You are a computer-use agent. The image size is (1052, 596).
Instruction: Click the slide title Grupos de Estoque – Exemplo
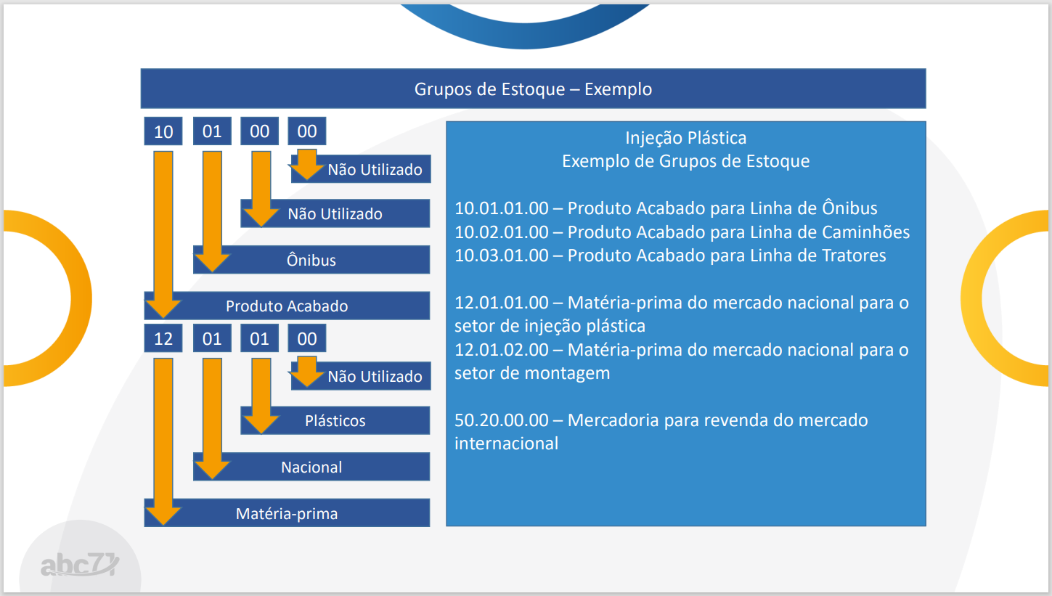coord(533,89)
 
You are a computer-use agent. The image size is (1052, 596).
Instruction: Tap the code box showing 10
coord(163,131)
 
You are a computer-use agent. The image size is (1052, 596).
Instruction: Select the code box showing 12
coord(163,338)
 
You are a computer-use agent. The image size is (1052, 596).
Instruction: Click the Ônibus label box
coord(311,260)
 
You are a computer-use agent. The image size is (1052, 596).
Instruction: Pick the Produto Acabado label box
coord(287,306)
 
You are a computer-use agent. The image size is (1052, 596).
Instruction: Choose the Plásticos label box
coord(335,420)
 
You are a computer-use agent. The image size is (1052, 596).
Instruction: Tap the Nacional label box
coord(311,467)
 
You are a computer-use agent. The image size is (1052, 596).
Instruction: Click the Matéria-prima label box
coord(287,513)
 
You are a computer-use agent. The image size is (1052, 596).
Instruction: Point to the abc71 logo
coord(80,564)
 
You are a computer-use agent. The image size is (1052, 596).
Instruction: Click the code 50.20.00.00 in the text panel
coord(501,420)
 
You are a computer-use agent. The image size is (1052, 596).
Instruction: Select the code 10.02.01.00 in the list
coord(501,232)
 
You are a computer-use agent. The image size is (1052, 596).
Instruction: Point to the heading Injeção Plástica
coord(685,138)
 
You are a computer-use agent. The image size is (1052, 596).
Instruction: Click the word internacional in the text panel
coord(506,444)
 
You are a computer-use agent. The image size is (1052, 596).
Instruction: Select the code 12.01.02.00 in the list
coord(501,349)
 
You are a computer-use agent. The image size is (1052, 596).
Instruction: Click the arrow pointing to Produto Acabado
coord(163,234)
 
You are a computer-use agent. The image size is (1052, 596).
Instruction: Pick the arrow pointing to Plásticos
coord(261,396)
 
